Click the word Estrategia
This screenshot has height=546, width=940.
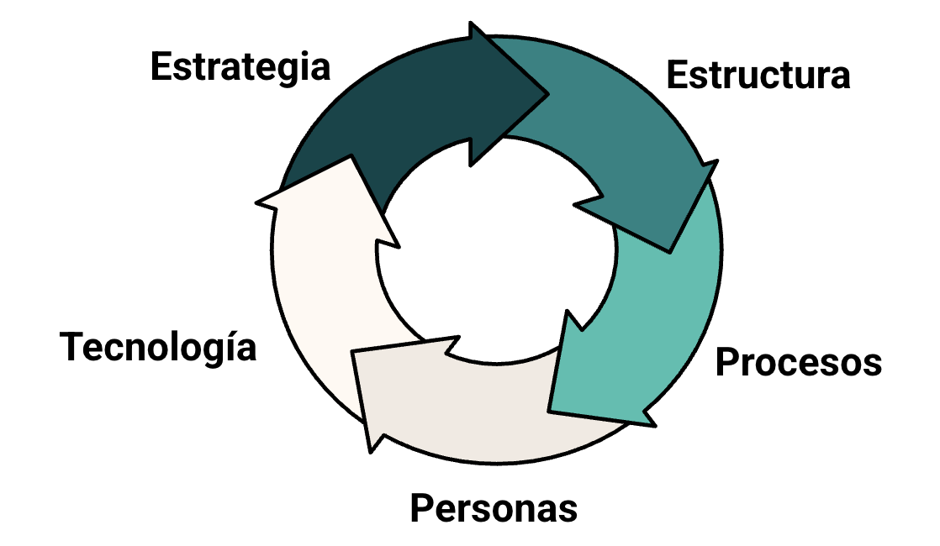(x=240, y=67)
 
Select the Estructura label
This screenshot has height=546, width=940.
(x=758, y=75)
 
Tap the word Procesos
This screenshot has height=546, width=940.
(x=798, y=363)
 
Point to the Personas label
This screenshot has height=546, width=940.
(x=494, y=508)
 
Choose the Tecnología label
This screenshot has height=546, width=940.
(x=158, y=346)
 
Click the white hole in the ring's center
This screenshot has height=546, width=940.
(x=496, y=252)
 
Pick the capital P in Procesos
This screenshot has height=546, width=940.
(x=727, y=363)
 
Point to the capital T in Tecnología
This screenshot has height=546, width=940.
(x=72, y=346)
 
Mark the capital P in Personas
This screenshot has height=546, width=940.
(x=422, y=508)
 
